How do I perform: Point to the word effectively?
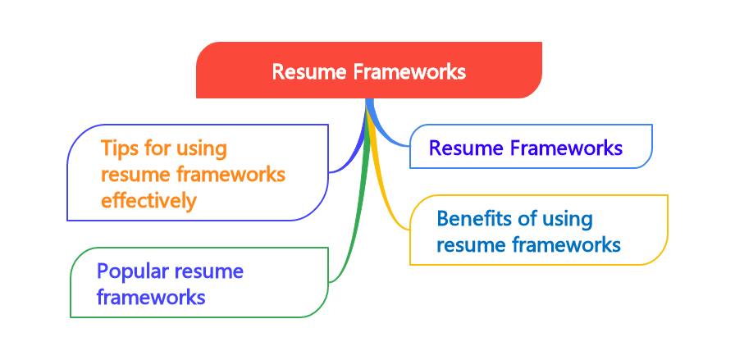tap(148, 201)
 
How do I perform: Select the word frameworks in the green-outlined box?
tap(150, 297)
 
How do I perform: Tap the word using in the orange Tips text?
tap(202, 148)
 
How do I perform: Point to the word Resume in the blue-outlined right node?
tap(464, 148)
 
